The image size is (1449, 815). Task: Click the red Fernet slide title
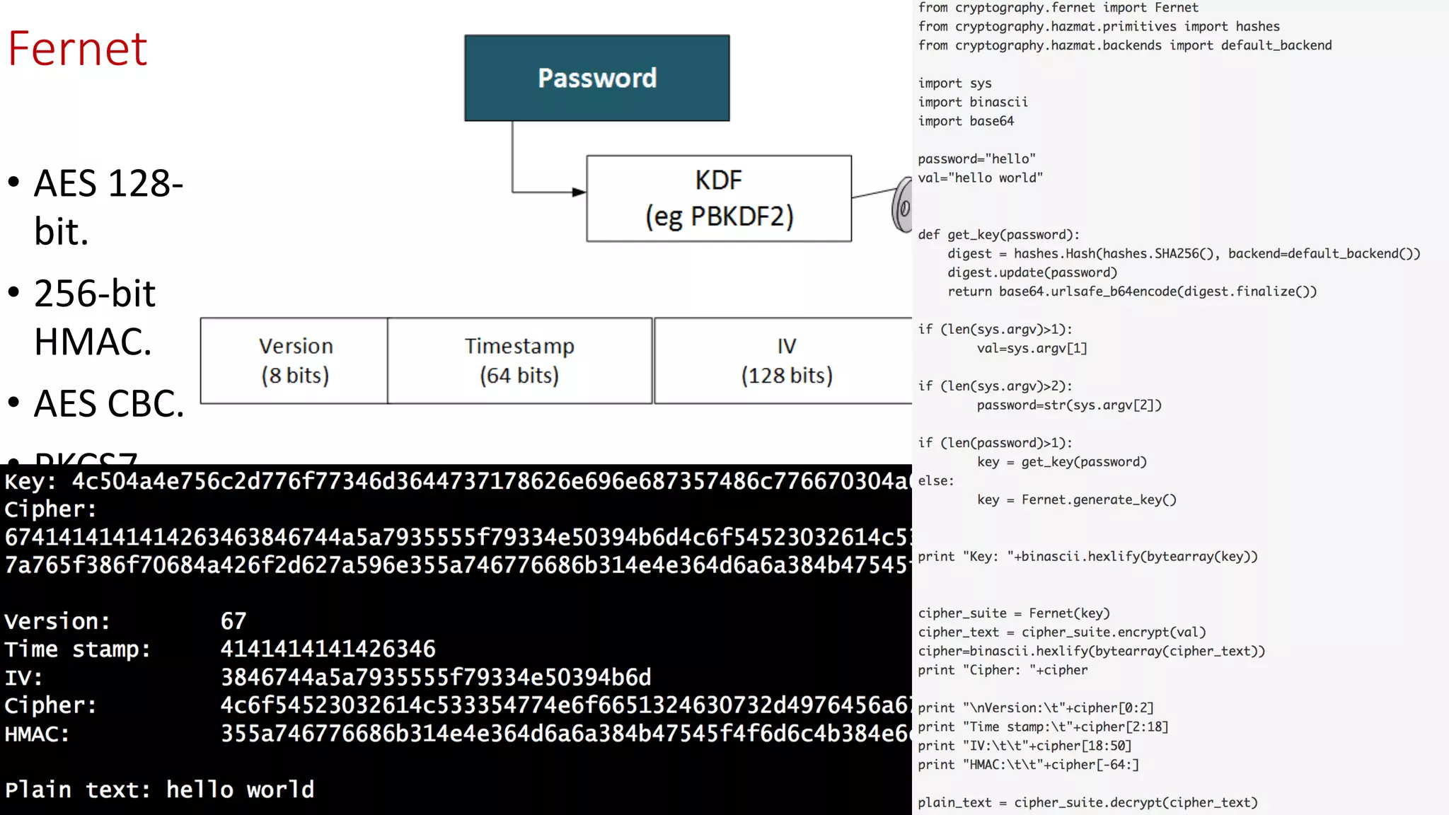coord(78,49)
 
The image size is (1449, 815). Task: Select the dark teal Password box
coord(596,78)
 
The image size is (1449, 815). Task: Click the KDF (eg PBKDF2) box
coord(718,199)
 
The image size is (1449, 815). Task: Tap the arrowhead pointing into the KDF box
coord(579,192)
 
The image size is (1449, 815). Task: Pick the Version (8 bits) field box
coord(294,361)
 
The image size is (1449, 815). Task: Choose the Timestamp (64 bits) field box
coord(519,361)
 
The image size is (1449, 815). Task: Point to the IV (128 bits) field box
coord(785,361)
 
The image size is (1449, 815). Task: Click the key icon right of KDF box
coord(902,205)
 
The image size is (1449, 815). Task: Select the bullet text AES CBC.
coord(109,404)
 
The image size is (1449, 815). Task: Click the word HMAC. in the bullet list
coord(93,342)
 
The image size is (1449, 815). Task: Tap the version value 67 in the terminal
coord(233,621)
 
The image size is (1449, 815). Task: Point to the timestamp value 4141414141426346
coord(328,649)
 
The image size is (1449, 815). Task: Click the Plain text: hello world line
coord(159,790)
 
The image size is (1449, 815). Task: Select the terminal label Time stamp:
coord(77,649)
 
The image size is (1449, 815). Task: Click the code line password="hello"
coord(976,159)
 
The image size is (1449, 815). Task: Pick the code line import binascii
coord(973,102)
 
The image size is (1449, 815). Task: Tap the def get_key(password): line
coord(998,235)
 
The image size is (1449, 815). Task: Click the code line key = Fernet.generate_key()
coord(1076,500)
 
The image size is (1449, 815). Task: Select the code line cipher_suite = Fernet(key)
coord(1014,613)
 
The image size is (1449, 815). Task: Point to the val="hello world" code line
coord(980,178)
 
